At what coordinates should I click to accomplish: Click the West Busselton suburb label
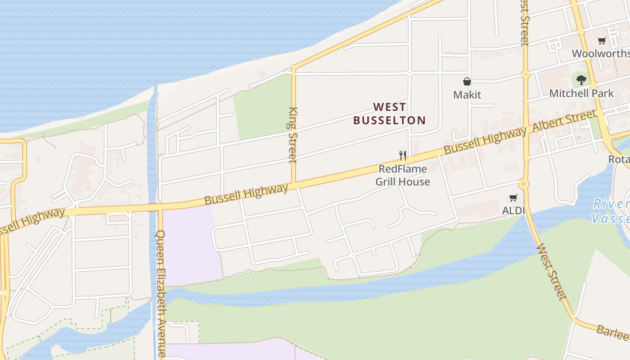point(389,113)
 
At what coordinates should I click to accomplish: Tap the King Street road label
point(293,135)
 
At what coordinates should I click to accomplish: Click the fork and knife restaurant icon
point(403,156)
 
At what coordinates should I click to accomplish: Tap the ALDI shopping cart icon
point(513,198)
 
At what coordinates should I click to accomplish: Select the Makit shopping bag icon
point(467,81)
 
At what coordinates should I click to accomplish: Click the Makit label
point(467,94)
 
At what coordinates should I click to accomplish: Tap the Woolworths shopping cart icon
point(602,41)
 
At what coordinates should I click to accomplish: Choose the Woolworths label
point(601,54)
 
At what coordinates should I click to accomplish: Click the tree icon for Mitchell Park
point(581,80)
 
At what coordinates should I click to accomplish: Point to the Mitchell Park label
point(581,93)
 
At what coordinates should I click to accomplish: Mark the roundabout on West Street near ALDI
point(523,184)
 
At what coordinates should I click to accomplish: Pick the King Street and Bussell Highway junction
point(294,183)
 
